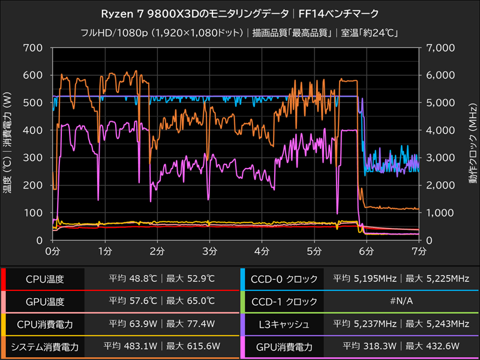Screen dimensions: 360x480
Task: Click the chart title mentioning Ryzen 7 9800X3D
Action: tap(240, 13)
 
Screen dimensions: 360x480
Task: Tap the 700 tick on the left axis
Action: tap(33, 47)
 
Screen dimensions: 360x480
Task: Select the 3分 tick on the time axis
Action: tap(209, 249)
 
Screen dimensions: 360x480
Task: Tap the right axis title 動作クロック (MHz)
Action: tap(472, 144)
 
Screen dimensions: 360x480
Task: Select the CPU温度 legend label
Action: tap(44, 279)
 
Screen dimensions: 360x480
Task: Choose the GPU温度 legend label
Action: tap(44, 302)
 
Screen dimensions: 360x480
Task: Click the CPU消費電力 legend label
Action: tap(44, 324)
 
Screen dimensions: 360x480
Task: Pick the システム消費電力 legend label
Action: tap(44, 347)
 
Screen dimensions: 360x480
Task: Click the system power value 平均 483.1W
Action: tap(131, 347)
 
